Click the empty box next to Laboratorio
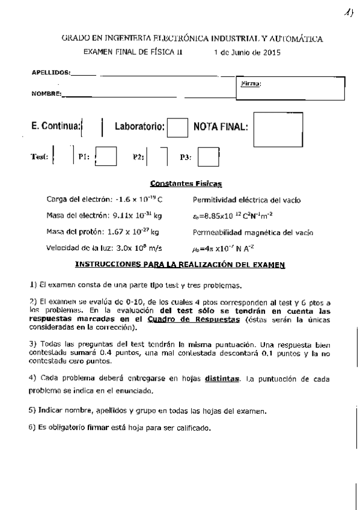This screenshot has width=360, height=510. tap(177, 127)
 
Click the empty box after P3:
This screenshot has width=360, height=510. tap(209, 157)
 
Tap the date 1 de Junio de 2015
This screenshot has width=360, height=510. tap(246, 52)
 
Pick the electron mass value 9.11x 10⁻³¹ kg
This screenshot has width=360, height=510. tap(137, 215)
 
